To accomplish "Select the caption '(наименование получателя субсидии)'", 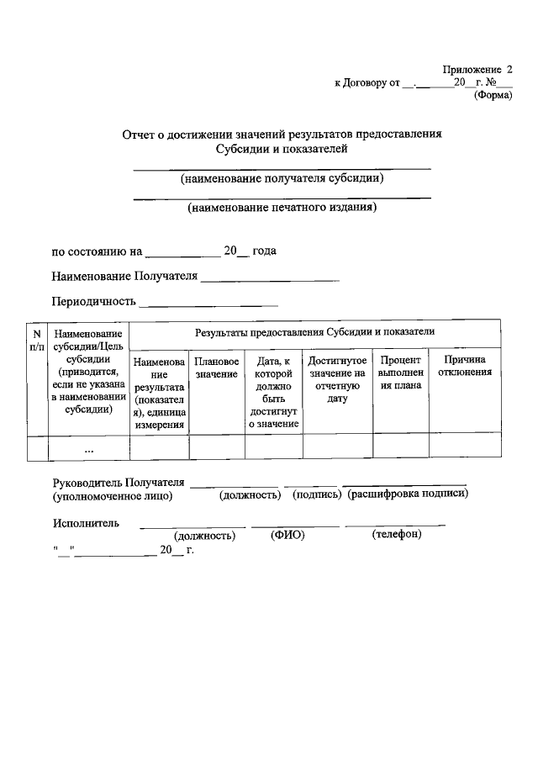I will pos(282,178).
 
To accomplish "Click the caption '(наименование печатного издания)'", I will pos(282,206).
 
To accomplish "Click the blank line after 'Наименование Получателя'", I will pos(270,278).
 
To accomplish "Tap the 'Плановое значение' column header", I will pos(216,367).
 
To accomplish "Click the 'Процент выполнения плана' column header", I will pos(400,373).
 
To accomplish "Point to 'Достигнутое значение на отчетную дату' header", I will pos(337,378).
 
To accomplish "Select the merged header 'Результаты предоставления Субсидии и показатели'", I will pos(314,333).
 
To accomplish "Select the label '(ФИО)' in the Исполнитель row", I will pos(287,535).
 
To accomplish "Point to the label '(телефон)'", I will pos(396,535).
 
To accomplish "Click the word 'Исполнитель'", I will pos(85,523).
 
